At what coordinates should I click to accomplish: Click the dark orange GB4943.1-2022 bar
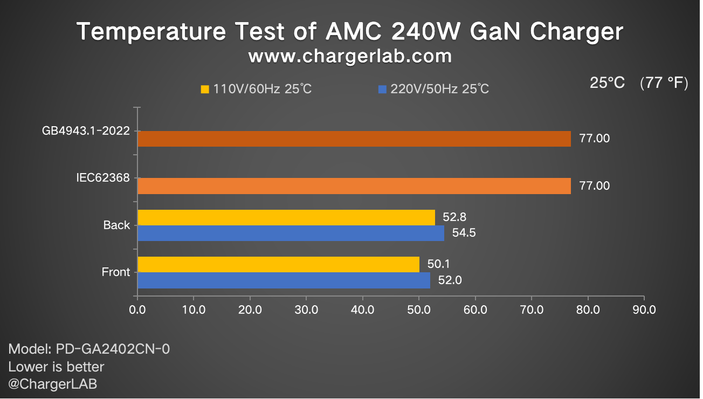click(354, 139)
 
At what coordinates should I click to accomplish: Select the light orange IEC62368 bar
click(354, 185)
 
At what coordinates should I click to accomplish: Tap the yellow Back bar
click(286, 217)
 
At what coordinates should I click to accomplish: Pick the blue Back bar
click(291, 233)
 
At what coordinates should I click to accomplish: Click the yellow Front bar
click(278, 264)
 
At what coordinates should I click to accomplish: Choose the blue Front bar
click(284, 280)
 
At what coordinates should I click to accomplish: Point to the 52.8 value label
click(454, 217)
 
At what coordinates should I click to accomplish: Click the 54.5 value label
click(464, 233)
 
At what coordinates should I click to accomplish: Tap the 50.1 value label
click(439, 264)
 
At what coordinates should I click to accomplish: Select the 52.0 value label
click(450, 280)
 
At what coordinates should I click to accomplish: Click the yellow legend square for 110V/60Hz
click(205, 90)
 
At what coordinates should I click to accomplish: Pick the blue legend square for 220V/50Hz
click(383, 90)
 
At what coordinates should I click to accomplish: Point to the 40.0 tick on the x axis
click(362, 310)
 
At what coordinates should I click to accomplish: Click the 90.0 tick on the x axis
click(644, 310)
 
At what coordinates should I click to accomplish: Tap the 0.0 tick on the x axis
click(137, 310)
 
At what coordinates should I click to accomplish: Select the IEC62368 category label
click(104, 177)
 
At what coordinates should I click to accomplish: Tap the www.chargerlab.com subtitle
click(350, 56)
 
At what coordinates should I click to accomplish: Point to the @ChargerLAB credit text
click(53, 384)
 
